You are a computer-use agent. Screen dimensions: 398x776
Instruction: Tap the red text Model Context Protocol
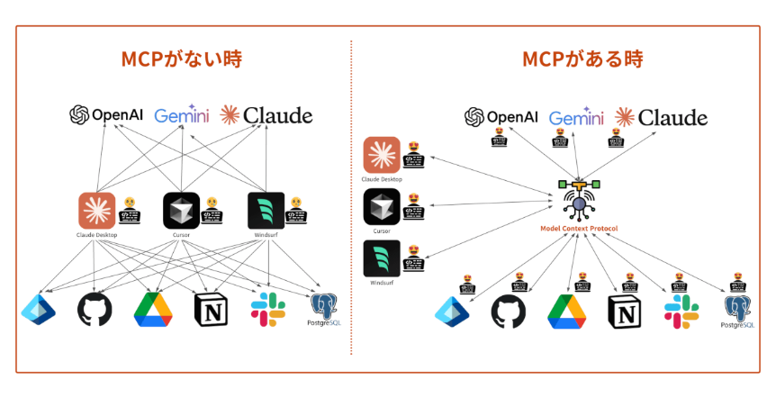click(x=579, y=229)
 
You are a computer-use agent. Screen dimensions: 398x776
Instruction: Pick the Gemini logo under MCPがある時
click(x=575, y=118)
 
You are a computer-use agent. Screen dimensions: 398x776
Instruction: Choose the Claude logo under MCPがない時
click(x=266, y=115)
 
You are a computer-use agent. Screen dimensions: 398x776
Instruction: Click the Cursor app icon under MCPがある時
click(x=381, y=206)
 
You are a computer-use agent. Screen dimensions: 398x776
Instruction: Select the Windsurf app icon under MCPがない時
click(x=266, y=211)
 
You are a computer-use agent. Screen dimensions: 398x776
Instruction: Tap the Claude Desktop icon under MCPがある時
click(x=381, y=154)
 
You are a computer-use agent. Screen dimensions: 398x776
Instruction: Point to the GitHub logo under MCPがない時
click(x=95, y=309)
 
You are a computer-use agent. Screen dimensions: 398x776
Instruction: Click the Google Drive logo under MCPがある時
click(x=567, y=311)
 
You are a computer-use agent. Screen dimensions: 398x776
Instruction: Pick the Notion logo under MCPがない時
click(x=209, y=309)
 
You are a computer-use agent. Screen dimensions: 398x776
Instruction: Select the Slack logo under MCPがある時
click(x=681, y=311)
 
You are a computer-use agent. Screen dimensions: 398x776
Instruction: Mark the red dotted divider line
click(x=350, y=198)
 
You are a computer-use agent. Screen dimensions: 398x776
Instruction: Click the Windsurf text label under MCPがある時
click(x=381, y=283)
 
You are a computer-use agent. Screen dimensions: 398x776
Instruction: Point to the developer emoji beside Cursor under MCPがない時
click(x=212, y=211)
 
